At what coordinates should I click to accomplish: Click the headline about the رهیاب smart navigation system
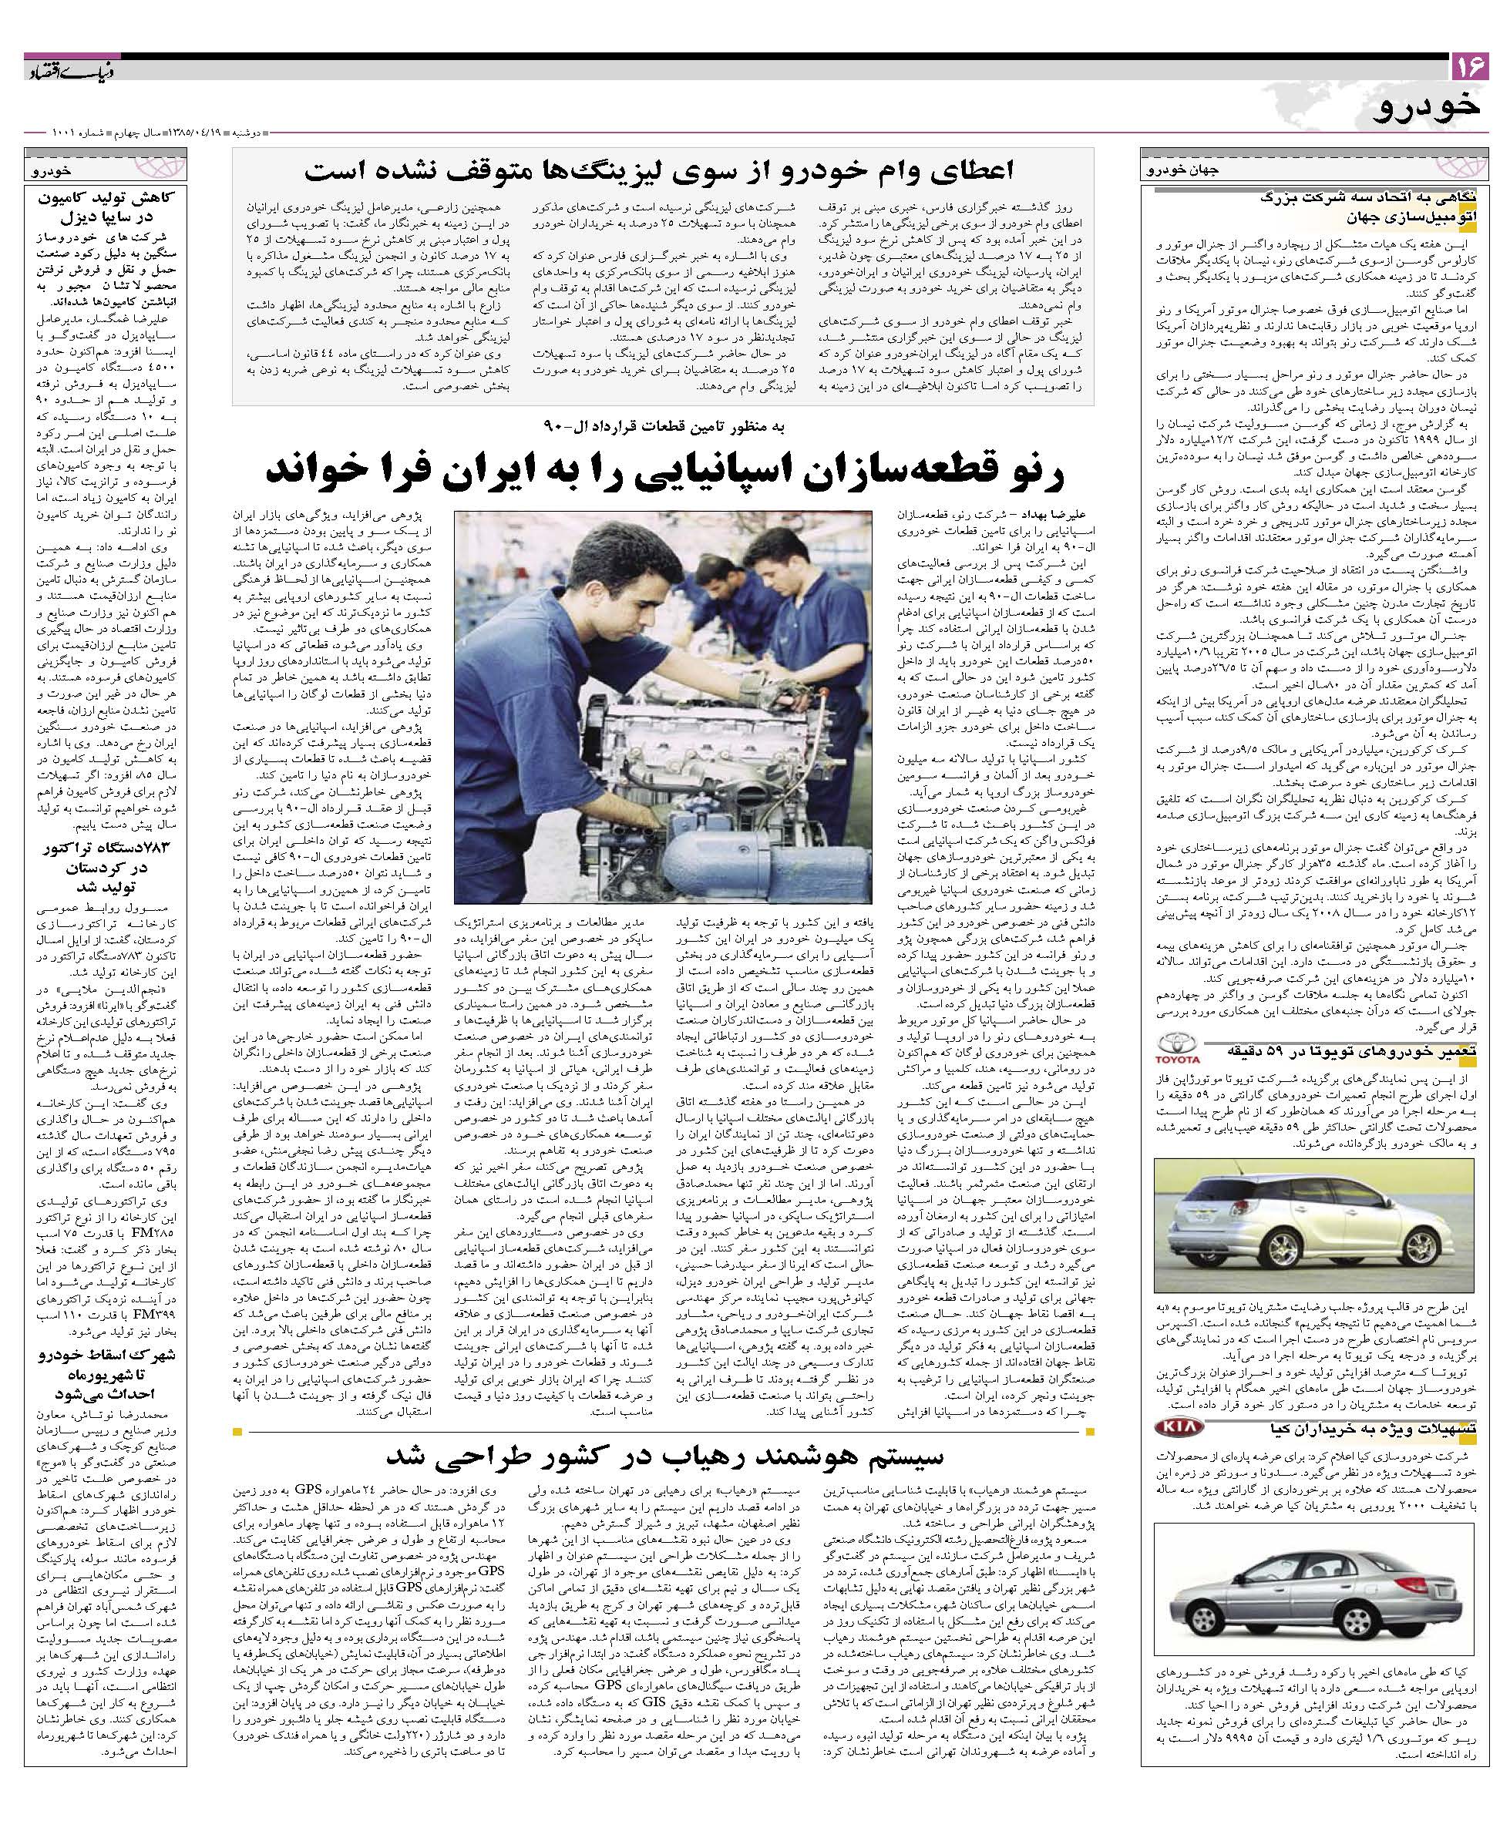pos(664,1452)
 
